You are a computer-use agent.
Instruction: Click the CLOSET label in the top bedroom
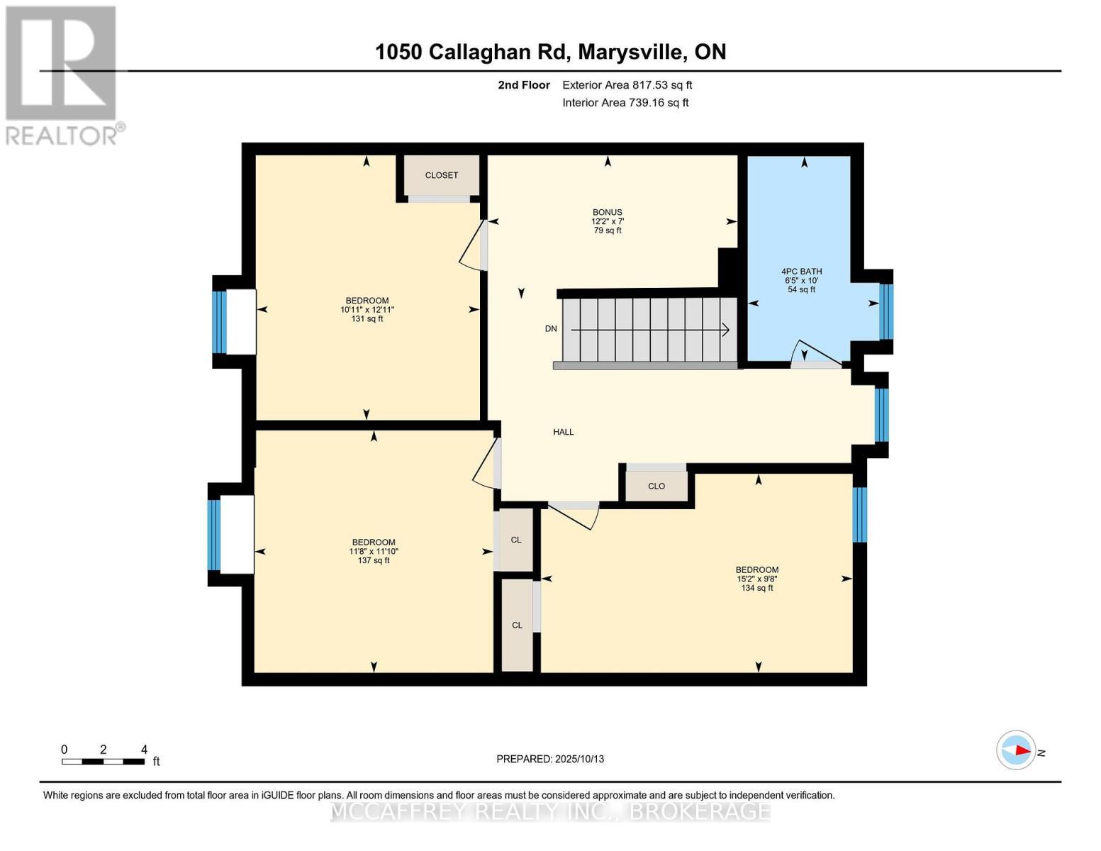[441, 175]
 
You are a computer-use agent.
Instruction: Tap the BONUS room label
[607, 212]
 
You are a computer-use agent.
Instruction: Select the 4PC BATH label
[801, 271]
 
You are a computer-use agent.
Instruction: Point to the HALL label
[564, 432]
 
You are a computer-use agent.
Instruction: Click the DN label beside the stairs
[551, 328]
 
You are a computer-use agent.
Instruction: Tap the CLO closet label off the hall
[656, 486]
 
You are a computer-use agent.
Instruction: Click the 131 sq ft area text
[367, 319]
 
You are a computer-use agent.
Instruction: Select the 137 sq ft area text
[374, 560]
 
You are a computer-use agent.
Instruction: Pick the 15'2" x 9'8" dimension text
[756, 579]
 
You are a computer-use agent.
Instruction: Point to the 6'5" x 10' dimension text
[801, 280]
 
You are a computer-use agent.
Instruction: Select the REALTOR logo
[62, 74]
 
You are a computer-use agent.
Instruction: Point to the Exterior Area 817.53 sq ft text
[627, 85]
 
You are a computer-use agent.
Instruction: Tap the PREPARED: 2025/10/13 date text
[550, 759]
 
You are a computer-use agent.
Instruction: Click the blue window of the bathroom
[885, 312]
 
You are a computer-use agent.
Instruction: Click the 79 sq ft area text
[607, 230]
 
